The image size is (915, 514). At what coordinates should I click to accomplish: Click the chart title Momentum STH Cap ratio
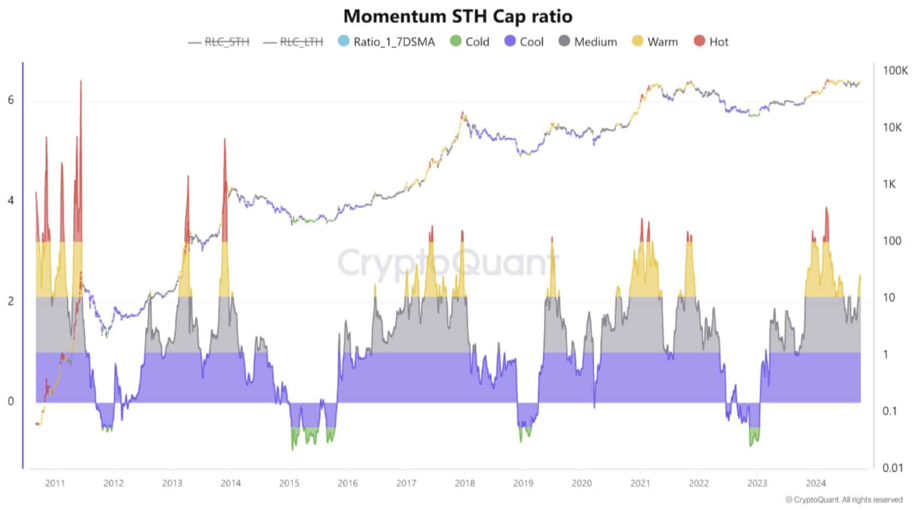[x=458, y=16]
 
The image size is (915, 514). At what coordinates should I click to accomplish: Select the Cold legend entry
[x=470, y=42]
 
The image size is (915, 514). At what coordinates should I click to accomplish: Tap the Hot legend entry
[x=711, y=42]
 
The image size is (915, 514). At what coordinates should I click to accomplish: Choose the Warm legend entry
[x=655, y=42]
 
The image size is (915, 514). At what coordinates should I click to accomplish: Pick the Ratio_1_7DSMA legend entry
[x=386, y=42]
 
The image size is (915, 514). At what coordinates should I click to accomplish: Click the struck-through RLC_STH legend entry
[x=219, y=42]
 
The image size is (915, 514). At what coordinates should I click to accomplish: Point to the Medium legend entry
[x=588, y=42]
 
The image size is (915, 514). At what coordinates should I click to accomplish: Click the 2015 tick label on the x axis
[x=289, y=483]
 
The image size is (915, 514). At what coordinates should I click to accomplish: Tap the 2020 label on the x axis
[x=582, y=483]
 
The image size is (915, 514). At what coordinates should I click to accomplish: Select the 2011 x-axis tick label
[x=55, y=483]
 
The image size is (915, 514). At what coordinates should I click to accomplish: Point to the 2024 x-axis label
[x=816, y=483]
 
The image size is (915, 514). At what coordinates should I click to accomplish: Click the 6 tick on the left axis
[x=11, y=100]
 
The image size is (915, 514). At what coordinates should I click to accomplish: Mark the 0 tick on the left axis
[x=11, y=401]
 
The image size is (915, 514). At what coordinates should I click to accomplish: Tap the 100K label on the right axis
[x=895, y=71]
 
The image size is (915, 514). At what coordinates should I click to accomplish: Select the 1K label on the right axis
[x=889, y=184]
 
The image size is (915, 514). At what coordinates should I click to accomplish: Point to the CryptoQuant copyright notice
[x=844, y=500]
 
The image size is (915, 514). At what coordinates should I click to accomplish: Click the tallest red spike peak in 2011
[x=81, y=80]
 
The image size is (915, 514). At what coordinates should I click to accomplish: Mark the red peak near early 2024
[x=826, y=208]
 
